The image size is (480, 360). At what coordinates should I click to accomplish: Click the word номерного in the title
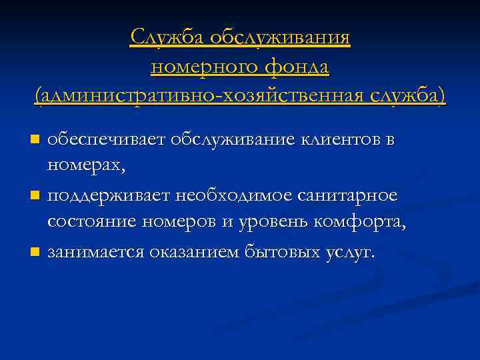pos(201,67)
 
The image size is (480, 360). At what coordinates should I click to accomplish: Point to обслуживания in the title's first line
pos(280,37)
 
